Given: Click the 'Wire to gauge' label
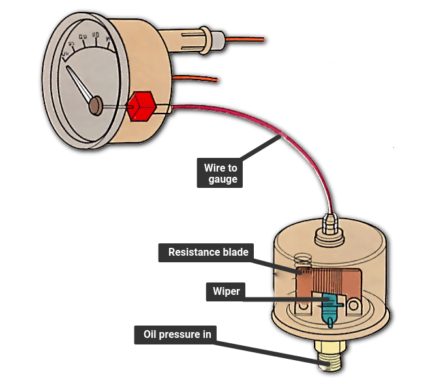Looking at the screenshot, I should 220,174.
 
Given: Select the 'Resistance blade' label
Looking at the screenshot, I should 204,252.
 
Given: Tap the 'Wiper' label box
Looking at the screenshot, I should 225,291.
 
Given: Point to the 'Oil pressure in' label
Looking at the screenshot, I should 177,335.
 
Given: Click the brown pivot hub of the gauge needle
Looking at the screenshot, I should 96,104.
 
